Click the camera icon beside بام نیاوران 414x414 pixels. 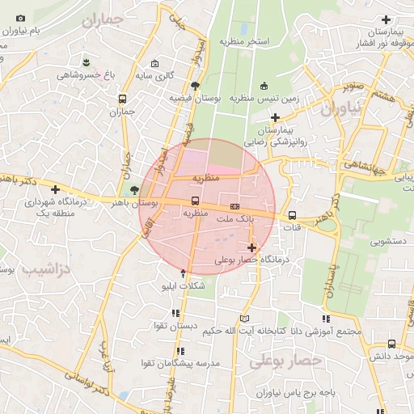20,18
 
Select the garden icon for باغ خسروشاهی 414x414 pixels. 87,62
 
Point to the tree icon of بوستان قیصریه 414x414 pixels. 194,85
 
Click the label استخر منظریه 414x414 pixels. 243,40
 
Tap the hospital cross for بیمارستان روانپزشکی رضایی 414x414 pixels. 275,116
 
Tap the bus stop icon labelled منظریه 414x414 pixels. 195,201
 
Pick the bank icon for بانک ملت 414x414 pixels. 234,205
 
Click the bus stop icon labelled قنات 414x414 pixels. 291,216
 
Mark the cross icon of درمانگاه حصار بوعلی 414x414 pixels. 252,247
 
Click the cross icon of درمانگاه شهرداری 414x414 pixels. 54,189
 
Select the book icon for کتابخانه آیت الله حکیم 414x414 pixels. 245,318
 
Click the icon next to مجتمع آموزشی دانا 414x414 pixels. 326,318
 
